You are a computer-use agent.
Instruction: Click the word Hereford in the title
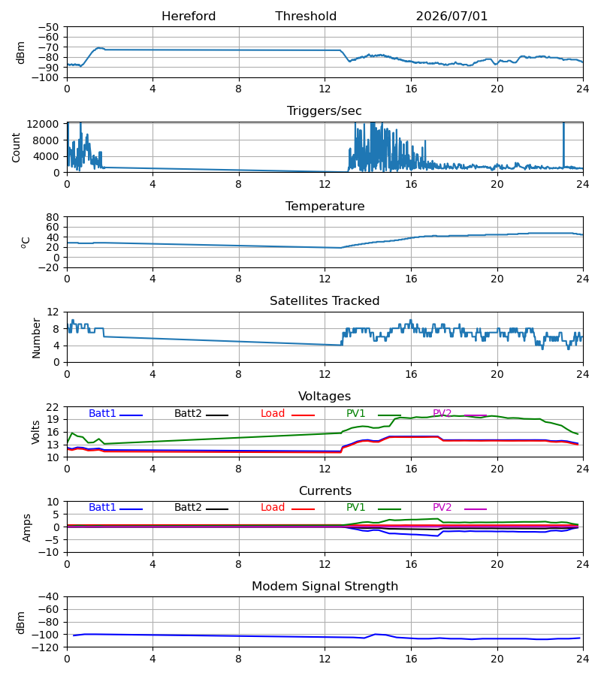[189, 17]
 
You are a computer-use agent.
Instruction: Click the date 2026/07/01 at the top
[452, 17]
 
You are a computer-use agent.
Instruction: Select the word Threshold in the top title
[306, 17]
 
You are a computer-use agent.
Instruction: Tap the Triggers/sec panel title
[325, 111]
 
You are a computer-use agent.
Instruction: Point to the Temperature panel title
[325, 206]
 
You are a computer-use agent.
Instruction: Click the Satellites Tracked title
[325, 301]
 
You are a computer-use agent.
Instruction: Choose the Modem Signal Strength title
[325, 587]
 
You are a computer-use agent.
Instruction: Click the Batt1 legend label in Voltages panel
[102, 413]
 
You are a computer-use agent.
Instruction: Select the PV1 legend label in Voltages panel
[355, 413]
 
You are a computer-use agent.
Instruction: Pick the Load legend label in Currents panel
[273, 508]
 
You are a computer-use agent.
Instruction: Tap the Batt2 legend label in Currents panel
[188, 508]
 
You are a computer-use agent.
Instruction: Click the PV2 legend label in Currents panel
[442, 508]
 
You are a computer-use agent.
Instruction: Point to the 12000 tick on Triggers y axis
[43, 124]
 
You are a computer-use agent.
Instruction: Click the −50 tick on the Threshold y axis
[48, 27]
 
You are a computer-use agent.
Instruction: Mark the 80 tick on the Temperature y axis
[53, 217]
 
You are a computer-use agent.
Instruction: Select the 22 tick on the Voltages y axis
[53, 407]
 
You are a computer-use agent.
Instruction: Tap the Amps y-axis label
[27, 527]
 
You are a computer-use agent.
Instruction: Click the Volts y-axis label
[35, 433]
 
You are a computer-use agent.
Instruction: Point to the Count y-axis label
[16, 147]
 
